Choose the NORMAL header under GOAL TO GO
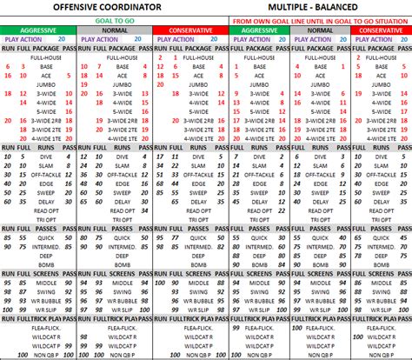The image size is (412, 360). pos(114,30)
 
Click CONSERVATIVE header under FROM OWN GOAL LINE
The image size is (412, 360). pos(381,30)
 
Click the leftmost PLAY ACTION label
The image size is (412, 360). pos(23,40)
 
